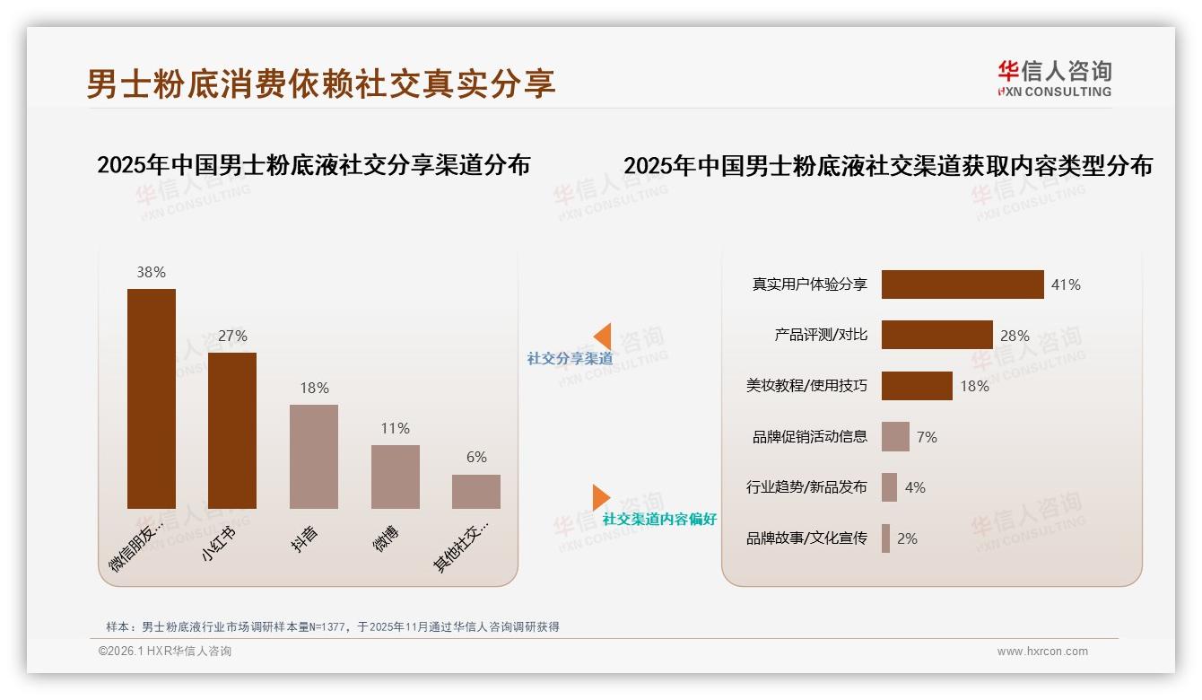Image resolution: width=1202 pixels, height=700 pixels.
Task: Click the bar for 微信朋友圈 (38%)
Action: tap(152, 398)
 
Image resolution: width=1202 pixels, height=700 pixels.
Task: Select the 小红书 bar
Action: tap(232, 431)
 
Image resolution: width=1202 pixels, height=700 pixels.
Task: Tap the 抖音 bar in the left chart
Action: tap(314, 456)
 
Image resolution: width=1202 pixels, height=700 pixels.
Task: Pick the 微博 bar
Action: tap(396, 477)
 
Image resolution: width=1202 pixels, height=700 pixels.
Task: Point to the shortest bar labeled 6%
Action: tap(476, 492)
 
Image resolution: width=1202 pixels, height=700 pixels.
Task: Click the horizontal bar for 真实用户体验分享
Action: tap(962, 284)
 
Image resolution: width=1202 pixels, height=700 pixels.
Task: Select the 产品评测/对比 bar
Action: tap(936, 335)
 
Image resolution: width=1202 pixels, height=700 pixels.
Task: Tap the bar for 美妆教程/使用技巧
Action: tap(917, 386)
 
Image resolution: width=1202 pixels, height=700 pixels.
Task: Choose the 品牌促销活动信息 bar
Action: tap(895, 437)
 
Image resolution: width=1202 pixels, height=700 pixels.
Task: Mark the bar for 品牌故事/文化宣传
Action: tap(886, 538)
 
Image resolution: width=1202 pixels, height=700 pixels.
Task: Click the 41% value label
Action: tap(1066, 284)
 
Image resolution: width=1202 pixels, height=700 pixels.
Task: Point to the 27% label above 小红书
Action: tap(232, 336)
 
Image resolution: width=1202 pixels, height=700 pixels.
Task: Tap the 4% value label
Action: tap(915, 487)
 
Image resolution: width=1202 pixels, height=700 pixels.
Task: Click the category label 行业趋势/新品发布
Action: tap(806, 487)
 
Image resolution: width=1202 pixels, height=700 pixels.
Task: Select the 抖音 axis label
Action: tap(306, 538)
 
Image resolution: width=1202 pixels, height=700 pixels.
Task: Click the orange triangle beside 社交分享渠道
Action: tap(603, 337)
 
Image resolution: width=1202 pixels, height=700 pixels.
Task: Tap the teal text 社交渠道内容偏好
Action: tap(659, 520)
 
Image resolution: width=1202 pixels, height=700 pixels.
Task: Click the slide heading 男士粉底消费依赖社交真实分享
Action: tap(320, 83)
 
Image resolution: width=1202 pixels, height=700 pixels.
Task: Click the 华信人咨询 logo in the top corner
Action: tap(1054, 78)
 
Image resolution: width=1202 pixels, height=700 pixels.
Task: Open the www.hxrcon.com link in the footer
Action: tap(1042, 652)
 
